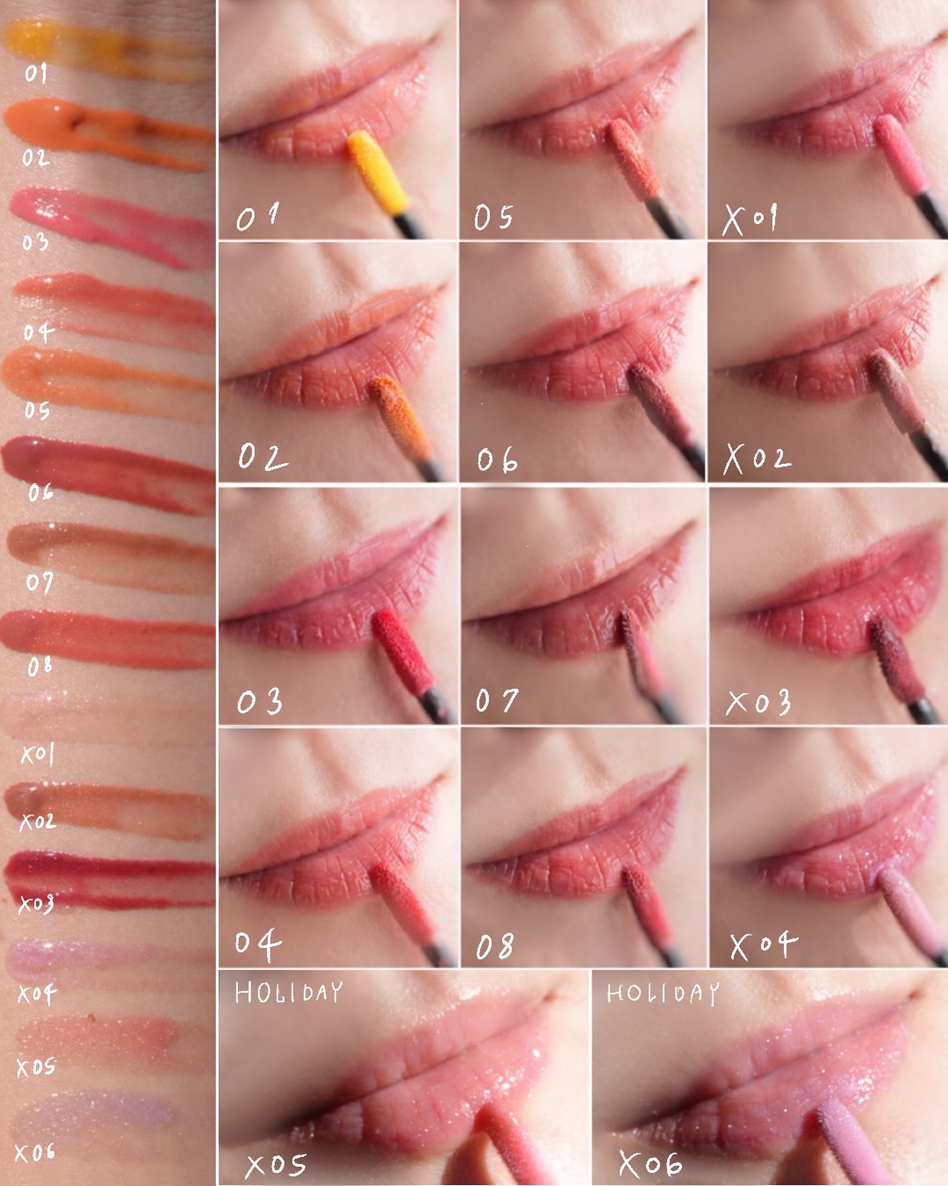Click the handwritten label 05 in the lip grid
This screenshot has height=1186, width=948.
click(x=493, y=217)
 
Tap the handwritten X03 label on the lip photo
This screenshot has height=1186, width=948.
click(x=758, y=702)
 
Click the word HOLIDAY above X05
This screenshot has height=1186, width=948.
click(x=289, y=992)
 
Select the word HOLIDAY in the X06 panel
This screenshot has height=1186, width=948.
click(x=662, y=994)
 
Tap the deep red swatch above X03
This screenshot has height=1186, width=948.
click(x=109, y=880)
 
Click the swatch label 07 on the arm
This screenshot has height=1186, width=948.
click(x=39, y=582)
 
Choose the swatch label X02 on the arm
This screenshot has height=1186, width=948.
click(x=38, y=821)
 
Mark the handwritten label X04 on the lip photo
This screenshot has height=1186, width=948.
click(x=764, y=945)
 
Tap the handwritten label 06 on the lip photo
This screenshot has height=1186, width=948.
click(x=498, y=460)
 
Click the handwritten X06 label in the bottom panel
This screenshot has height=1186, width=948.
click(x=650, y=1164)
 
